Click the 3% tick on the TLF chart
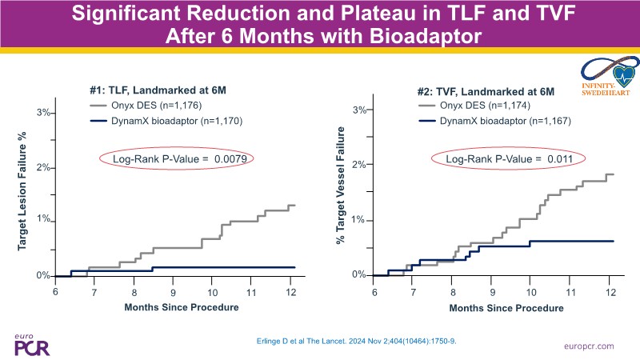pyautogui.click(x=45, y=114)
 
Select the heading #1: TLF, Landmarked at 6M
pyautogui.click(x=150, y=90)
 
